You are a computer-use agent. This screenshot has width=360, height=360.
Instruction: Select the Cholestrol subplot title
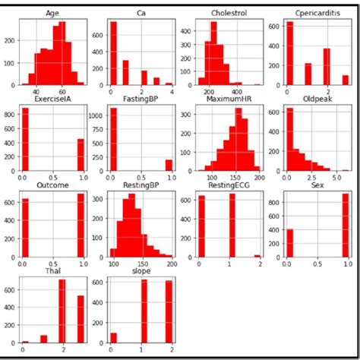point(219,13)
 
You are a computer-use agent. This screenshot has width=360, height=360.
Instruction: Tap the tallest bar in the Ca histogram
point(113,53)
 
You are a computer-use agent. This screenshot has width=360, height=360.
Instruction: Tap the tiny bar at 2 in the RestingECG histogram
point(256,255)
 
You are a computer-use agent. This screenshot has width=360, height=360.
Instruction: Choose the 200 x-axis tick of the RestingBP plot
point(172,264)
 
